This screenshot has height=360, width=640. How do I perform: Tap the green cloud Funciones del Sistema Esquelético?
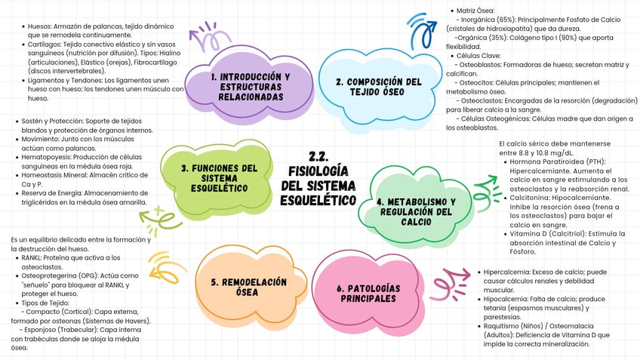[219, 177]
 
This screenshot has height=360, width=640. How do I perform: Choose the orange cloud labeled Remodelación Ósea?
[248, 287]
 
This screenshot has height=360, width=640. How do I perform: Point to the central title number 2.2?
[318, 157]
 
